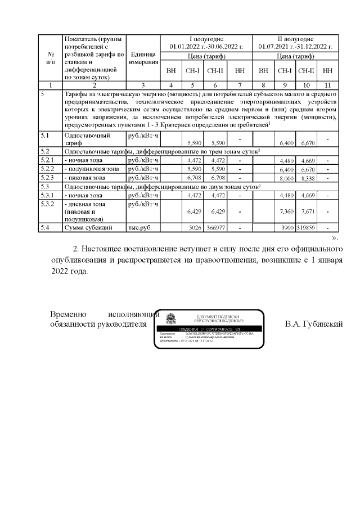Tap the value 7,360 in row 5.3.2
[287, 211]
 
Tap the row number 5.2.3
[47, 177]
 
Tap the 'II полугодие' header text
[296, 38]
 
